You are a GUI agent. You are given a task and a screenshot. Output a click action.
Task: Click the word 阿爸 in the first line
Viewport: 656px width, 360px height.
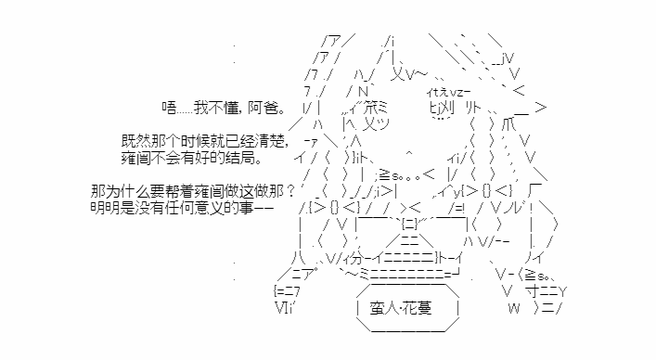262,108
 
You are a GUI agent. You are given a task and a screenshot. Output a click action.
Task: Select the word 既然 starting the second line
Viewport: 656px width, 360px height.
136,141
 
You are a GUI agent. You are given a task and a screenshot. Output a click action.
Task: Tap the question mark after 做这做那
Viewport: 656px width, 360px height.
291,191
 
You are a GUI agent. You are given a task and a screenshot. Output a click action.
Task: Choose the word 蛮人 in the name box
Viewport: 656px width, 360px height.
383,309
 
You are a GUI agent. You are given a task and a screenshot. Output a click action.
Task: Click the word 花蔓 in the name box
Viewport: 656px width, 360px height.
417,309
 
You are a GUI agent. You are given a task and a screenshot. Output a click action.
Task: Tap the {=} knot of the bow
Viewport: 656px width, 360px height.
409,225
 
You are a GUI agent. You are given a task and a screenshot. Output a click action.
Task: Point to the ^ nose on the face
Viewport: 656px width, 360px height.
409,153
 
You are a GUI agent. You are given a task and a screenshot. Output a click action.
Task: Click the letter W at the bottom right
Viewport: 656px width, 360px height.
514,309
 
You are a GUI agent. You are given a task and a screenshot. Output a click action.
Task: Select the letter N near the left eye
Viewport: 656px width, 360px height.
363,92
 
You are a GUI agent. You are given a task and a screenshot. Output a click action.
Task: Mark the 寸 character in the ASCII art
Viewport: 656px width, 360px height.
534,290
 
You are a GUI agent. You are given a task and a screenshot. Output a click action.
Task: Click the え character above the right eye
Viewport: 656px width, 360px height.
444,92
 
